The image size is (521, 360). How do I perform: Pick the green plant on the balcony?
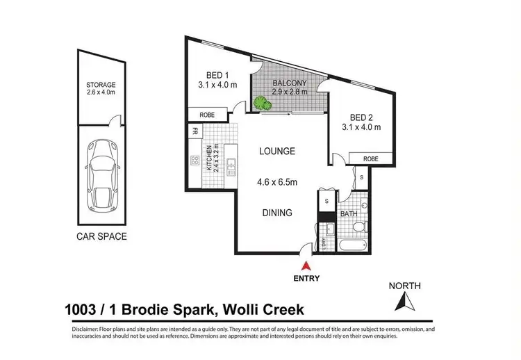coord(261,104)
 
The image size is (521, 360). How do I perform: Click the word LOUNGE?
coord(277,151)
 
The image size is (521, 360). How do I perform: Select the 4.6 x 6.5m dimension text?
coord(277,182)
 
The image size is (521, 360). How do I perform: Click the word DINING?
coord(276,213)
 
